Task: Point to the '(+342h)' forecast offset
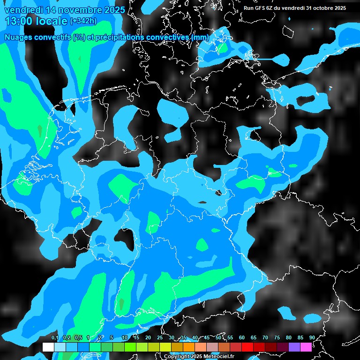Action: (x=83, y=21)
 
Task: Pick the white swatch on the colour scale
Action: (x=48, y=347)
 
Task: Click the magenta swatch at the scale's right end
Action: (x=306, y=347)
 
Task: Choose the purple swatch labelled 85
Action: (x=294, y=347)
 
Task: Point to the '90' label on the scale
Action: (x=312, y=337)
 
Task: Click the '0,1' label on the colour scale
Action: (x=54, y=337)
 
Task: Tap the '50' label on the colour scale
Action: (x=218, y=337)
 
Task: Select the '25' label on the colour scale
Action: (x=160, y=337)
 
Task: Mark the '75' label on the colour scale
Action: (x=277, y=337)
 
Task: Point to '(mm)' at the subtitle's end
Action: (x=200, y=37)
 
